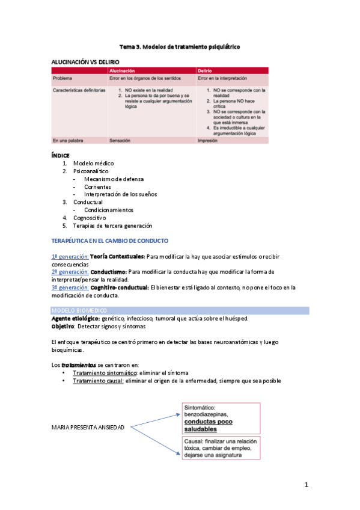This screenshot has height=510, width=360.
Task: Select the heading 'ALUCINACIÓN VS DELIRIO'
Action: click(x=85, y=61)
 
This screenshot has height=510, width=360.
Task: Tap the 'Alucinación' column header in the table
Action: click(x=122, y=71)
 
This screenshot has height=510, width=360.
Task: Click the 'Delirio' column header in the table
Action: click(x=205, y=71)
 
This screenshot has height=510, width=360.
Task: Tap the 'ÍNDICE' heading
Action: click(x=61, y=155)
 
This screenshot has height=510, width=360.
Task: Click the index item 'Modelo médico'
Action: click(x=93, y=163)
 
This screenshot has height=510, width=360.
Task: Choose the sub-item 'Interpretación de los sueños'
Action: click(x=120, y=194)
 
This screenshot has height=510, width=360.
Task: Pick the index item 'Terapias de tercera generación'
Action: click(x=112, y=226)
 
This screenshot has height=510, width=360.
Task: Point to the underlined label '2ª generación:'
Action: click(x=70, y=272)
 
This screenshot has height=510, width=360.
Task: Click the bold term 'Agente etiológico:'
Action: click(x=76, y=318)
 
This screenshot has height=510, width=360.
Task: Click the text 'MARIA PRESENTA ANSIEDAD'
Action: click(x=88, y=428)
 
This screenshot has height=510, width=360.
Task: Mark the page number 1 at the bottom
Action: click(x=306, y=485)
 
